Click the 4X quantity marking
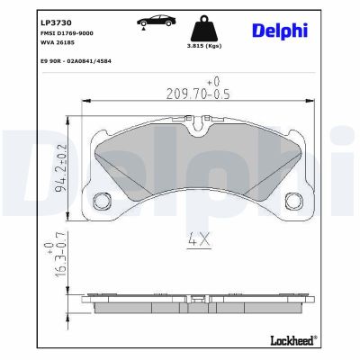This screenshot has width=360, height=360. [x=198, y=240]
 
